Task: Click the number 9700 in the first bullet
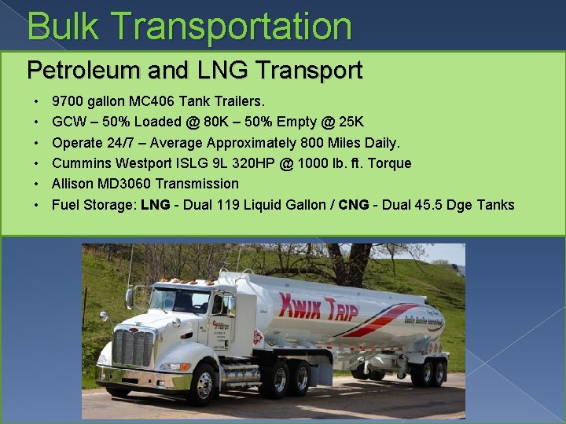68,101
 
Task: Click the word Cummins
81,163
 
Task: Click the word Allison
75,183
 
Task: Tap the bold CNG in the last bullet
353,205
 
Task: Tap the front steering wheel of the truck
201,382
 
